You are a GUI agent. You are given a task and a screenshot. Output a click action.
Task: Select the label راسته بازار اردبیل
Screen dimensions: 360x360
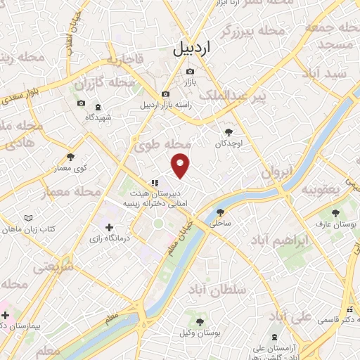pyautogui.click(x=165, y=105)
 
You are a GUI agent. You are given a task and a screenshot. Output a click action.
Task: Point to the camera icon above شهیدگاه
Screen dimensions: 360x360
pyautogui.click(x=81, y=104)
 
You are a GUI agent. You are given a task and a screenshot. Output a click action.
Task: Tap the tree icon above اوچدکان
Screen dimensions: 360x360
pyautogui.click(x=229, y=131)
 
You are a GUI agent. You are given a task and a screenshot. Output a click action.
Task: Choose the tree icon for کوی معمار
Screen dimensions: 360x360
pyautogui.click(x=70, y=157)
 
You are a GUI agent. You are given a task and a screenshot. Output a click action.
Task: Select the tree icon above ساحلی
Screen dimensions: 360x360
pyautogui.click(x=220, y=212)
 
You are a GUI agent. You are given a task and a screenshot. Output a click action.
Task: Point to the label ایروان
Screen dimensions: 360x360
pyautogui.click(x=276, y=172)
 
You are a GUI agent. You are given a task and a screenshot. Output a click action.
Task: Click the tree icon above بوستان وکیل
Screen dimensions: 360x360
pyautogui.click(x=200, y=322)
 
